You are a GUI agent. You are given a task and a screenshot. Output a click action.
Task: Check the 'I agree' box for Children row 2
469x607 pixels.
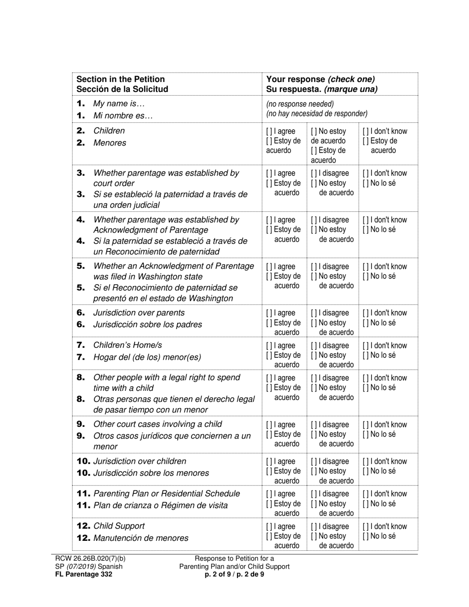(x=269, y=131)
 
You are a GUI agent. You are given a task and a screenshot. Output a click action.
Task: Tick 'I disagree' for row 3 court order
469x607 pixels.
(x=314, y=173)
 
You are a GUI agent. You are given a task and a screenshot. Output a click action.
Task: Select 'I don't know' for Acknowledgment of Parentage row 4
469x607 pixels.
(x=366, y=220)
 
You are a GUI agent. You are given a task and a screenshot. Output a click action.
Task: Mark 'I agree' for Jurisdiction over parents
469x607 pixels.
(x=269, y=313)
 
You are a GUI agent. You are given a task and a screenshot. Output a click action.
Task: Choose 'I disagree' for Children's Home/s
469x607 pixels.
(x=314, y=345)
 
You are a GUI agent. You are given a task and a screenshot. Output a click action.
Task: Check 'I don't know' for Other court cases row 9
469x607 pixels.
(x=366, y=424)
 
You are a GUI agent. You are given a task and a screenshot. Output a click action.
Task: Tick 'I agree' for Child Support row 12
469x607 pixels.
(x=269, y=527)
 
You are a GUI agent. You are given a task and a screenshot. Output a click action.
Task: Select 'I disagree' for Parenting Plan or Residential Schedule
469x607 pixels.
(x=314, y=494)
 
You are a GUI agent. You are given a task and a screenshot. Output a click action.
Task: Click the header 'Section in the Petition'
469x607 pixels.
(x=120, y=79)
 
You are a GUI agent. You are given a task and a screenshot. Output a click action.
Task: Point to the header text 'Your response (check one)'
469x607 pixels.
(x=320, y=79)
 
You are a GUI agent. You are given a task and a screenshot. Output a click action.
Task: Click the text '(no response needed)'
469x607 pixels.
(x=300, y=104)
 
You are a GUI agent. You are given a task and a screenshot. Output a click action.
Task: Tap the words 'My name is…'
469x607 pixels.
(x=119, y=104)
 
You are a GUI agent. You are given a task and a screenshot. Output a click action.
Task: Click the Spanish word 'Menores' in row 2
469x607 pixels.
(x=110, y=143)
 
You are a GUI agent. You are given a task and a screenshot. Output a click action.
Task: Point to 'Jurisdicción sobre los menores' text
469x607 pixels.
(x=151, y=473)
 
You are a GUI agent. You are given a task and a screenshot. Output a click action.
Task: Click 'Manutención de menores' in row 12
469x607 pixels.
(x=141, y=538)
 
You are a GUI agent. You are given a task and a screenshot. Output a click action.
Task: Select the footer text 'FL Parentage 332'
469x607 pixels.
(x=83, y=574)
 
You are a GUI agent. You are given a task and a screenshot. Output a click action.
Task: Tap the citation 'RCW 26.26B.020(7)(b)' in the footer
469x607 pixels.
(x=90, y=559)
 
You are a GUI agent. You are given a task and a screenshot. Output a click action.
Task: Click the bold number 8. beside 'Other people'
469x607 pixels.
(x=81, y=378)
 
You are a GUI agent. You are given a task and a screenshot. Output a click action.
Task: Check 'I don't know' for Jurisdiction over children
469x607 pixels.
(x=366, y=461)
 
